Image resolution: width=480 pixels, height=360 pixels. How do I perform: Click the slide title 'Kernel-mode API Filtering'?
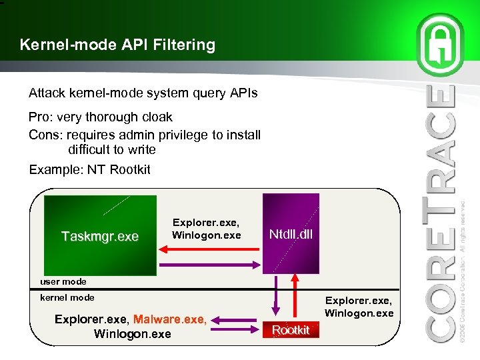coord(117,45)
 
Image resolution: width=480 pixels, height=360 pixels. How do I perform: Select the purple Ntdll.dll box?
coord(291,233)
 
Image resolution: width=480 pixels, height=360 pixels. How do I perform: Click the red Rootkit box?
coord(291,330)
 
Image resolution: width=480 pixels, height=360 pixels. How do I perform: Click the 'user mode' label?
coord(63,281)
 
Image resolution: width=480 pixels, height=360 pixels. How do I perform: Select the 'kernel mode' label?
coord(67,297)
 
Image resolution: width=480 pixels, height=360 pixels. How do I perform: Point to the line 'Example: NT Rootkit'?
coord(89,169)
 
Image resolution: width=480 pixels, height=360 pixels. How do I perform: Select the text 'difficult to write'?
coord(111,149)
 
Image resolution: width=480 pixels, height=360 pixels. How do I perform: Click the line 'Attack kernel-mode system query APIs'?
coord(143,93)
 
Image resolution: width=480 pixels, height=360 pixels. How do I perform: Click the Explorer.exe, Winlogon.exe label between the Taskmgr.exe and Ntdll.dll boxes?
coord(206,229)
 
